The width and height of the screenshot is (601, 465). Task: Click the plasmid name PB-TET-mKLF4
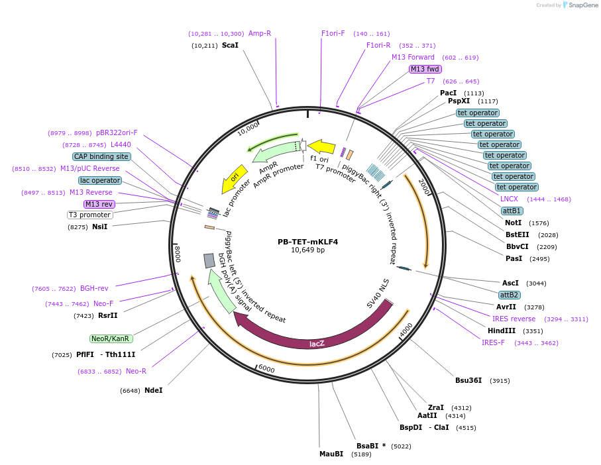coord(307,242)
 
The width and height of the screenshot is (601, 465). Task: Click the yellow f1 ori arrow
coord(322,146)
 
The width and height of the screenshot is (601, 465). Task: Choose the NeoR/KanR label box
coord(111,338)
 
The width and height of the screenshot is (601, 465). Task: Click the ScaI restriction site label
coord(230,46)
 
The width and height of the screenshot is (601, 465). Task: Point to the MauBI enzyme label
coord(331,454)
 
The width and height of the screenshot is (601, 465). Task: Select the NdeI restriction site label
coord(153,390)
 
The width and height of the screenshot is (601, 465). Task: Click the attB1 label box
coord(512,211)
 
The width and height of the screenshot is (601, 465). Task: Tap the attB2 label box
coord(510,295)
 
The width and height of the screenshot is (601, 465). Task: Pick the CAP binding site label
coord(101,157)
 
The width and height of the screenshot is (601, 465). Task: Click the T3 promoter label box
coord(90,215)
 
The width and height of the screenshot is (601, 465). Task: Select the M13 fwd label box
coord(425,69)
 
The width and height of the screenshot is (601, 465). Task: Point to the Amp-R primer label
coord(260,33)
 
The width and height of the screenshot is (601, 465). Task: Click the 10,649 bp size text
coord(307,250)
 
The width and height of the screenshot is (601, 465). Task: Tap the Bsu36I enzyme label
coord(469,381)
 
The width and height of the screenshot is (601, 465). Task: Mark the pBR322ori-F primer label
coord(117,132)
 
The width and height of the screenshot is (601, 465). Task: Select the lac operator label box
coord(100,180)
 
